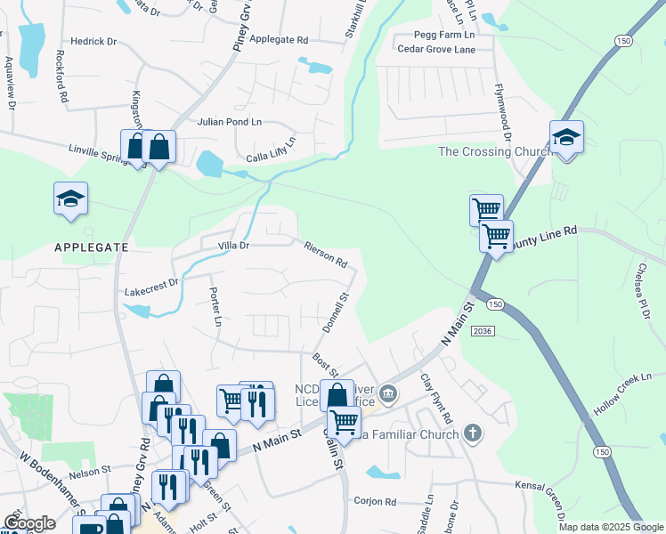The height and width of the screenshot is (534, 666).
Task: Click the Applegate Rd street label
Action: coord(279,40)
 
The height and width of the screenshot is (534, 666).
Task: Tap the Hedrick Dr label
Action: coord(94,41)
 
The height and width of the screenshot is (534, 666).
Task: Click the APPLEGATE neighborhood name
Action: coord(91,247)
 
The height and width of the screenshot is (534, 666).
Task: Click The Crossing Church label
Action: coord(495,152)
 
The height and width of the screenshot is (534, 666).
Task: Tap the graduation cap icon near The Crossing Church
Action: coord(565,138)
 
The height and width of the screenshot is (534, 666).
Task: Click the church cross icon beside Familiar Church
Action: coord(473,434)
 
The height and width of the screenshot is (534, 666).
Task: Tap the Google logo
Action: coord(29,523)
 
